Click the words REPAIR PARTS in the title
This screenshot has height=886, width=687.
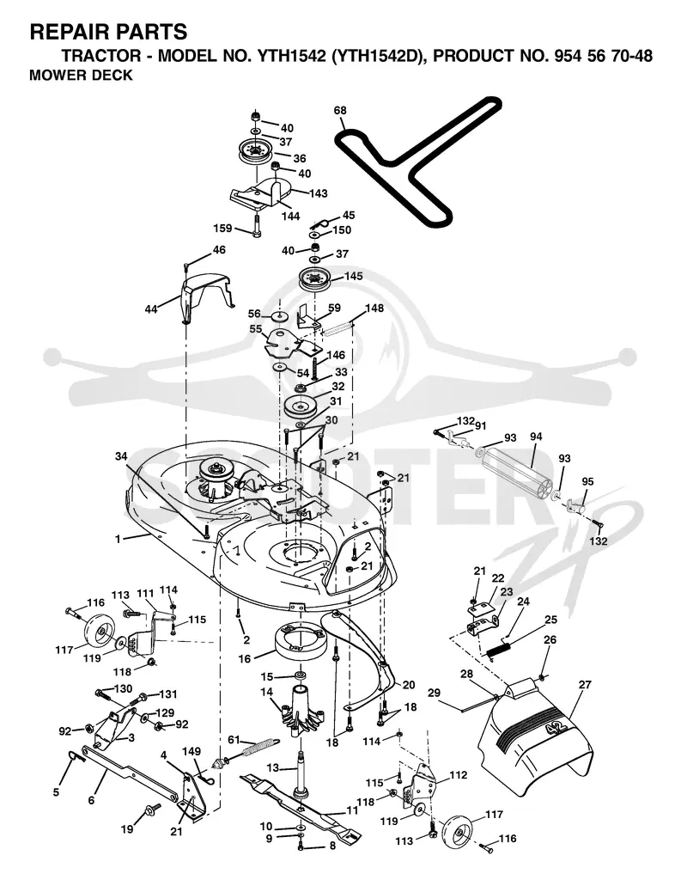(108, 32)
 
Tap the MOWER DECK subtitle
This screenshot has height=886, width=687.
(81, 75)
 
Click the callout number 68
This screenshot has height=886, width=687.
(340, 110)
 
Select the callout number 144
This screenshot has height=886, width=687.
(291, 217)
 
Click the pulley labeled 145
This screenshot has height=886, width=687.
(313, 280)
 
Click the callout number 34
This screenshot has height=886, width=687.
(121, 456)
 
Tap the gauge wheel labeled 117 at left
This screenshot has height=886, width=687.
(100, 631)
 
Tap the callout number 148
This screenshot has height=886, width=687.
(374, 308)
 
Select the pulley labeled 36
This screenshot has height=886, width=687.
(256, 151)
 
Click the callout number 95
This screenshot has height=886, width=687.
(587, 482)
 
